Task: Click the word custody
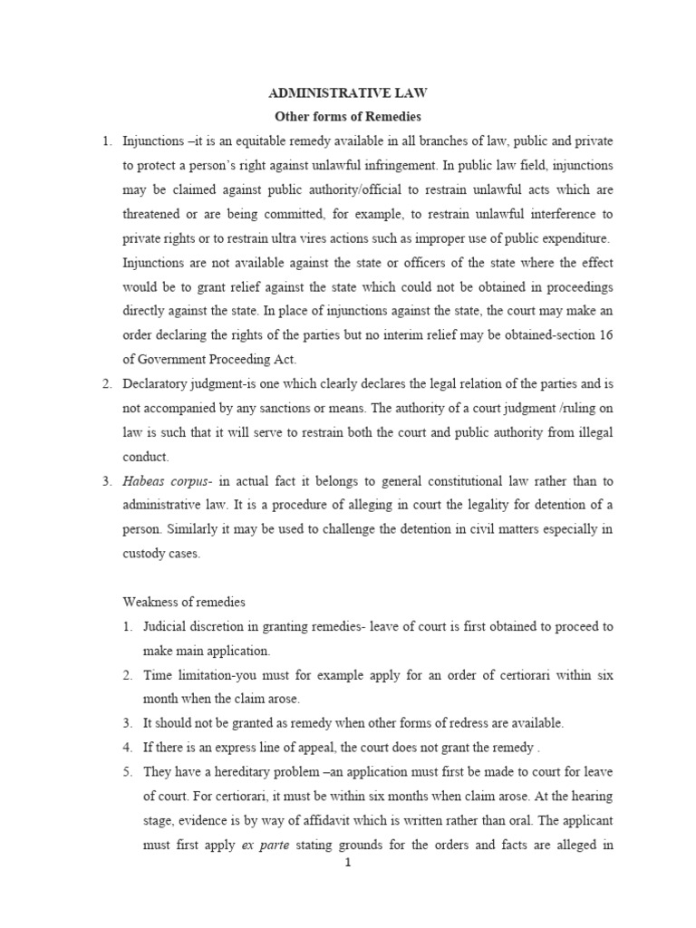click(145, 554)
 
